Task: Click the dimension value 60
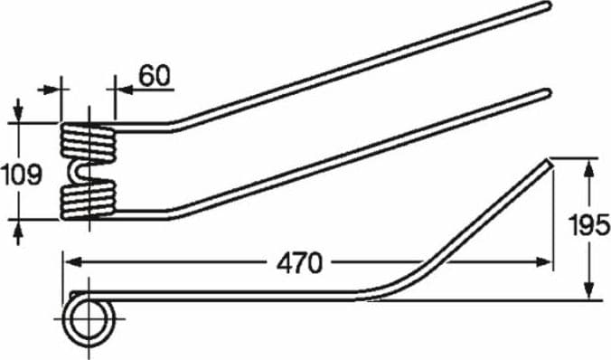(x=155, y=76)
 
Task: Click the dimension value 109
(x=21, y=175)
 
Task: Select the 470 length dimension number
(x=300, y=263)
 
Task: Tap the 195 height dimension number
(x=588, y=225)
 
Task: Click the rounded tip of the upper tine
(x=547, y=6)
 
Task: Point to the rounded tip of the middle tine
(x=546, y=93)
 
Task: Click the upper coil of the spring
(x=88, y=141)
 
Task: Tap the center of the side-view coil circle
(x=89, y=319)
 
